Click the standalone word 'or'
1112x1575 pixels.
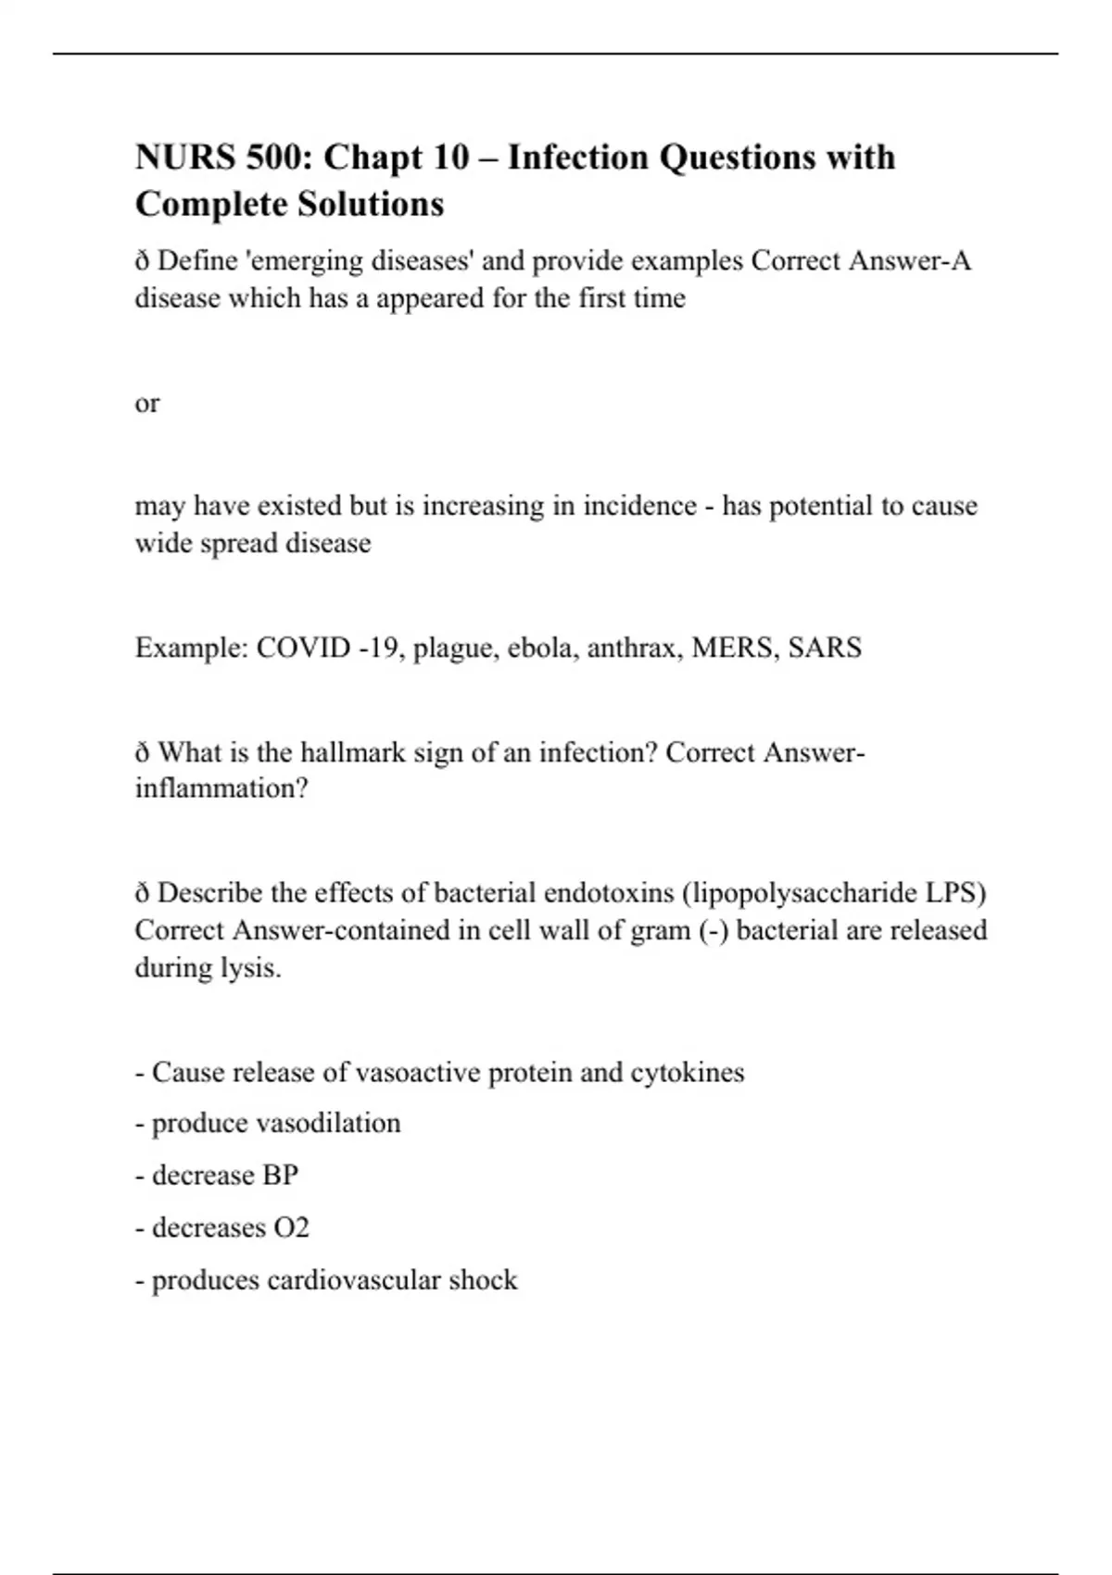[146, 404]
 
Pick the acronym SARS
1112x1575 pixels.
[825, 647]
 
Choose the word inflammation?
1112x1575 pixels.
[221, 789]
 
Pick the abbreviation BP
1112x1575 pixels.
[280, 1176]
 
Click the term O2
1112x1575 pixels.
[291, 1228]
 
